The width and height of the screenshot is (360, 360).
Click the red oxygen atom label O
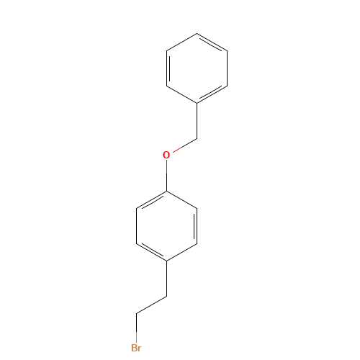[x=166, y=155]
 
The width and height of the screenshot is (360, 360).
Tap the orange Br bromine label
[x=136, y=348]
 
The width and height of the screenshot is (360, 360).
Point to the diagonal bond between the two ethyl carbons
[x=151, y=305]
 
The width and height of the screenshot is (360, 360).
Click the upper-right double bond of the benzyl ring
[x=212, y=42]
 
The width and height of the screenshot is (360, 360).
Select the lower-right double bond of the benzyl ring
[x=212, y=94]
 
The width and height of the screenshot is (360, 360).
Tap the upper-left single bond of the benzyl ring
[x=181, y=42]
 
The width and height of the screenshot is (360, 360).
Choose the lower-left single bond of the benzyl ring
[x=181, y=94]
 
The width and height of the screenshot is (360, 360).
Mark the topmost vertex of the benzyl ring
[x=197, y=33]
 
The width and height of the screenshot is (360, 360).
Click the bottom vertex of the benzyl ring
[x=197, y=103]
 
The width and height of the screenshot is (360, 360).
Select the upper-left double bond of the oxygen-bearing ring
[x=151, y=199]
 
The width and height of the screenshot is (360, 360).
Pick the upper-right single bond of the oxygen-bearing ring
[x=181, y=199]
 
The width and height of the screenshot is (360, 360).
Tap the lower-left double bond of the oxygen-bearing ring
[x=151, y=252]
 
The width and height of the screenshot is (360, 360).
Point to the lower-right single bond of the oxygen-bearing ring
[x=181, y=252]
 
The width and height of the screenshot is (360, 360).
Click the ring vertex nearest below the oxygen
[x=166, y=191]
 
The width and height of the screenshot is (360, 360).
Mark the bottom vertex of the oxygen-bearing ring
[x=166, y=261]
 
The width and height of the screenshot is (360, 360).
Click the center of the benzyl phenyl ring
[x=197, y=68]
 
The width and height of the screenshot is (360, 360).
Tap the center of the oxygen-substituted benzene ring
[x=166, y=225]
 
